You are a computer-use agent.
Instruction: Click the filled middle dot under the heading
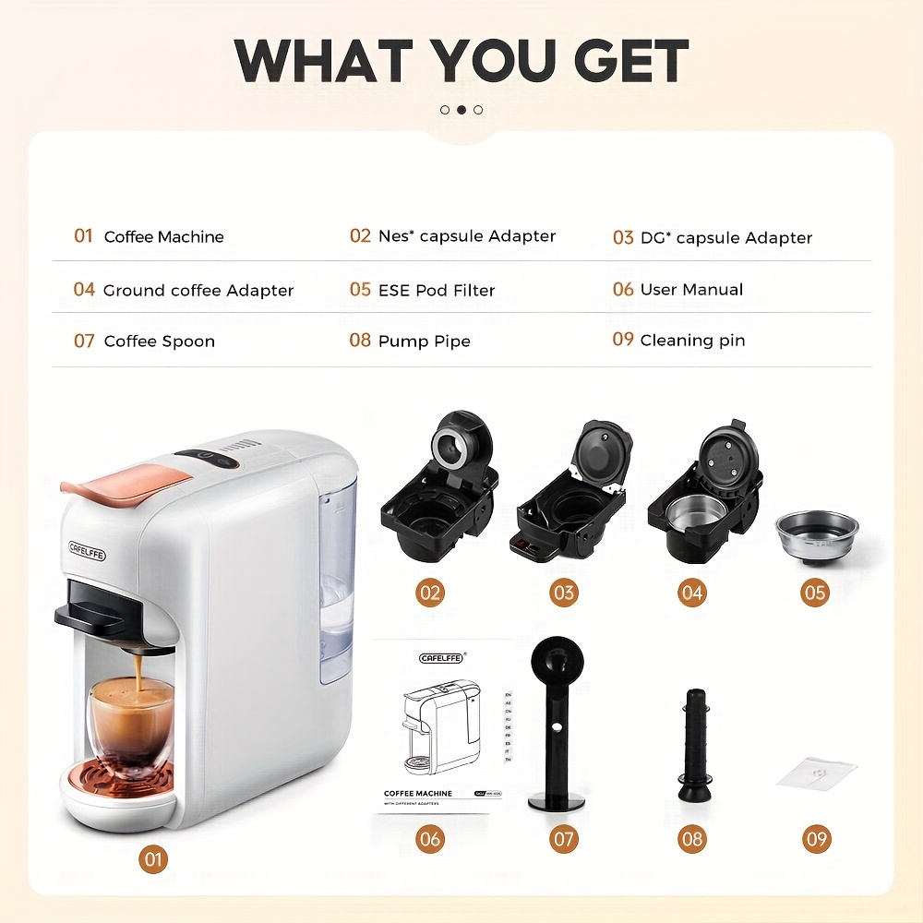(x=461, y=110)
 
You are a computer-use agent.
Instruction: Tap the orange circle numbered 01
(x=153, y=860)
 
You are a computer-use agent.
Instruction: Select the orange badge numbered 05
(x=815, y=593)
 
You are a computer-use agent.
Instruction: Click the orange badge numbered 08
(x=691, y=839)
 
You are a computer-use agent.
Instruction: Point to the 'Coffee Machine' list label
(x=163, y=237)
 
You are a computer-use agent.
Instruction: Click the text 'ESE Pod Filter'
(x=437, y=290)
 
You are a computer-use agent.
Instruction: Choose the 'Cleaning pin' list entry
(x=692, y=341)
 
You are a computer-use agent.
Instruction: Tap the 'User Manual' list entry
(x=691, y=290)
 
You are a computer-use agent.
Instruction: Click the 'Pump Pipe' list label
(x=424, y=342)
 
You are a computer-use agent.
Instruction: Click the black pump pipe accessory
(x=693, y=744)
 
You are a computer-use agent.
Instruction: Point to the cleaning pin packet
(x=816, y=773)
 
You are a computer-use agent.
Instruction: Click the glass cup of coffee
(x=131, y=723)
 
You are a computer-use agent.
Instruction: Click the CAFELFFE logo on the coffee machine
(x=88, y=552)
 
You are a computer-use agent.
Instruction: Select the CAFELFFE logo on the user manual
(x=442, y=657)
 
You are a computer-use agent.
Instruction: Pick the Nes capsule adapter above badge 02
(x=438, y=489)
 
